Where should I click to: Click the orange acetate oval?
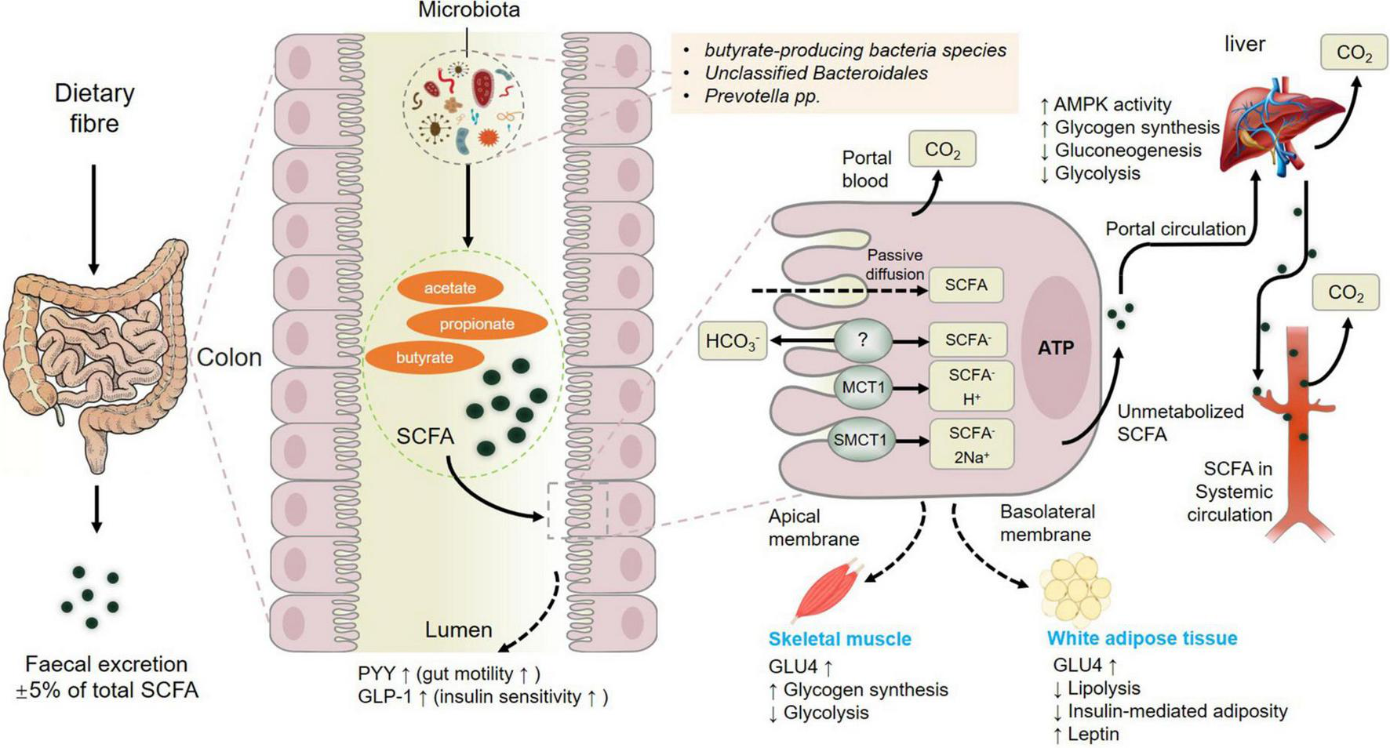point(450,288)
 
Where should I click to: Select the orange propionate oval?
point(477,324)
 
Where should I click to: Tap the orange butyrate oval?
point(424,358)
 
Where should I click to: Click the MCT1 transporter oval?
point(863,387)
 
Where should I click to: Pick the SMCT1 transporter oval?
point(861,440)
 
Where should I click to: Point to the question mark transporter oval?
point(863,340)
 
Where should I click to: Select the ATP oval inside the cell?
point(1055,348)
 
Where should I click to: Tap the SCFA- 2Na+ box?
point(971,445)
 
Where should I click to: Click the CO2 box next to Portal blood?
point(942,149)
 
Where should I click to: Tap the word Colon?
point(228,358)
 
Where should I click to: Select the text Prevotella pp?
point(761,96)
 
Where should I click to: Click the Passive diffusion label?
point(895,264)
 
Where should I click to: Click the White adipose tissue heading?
point(1141,638)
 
